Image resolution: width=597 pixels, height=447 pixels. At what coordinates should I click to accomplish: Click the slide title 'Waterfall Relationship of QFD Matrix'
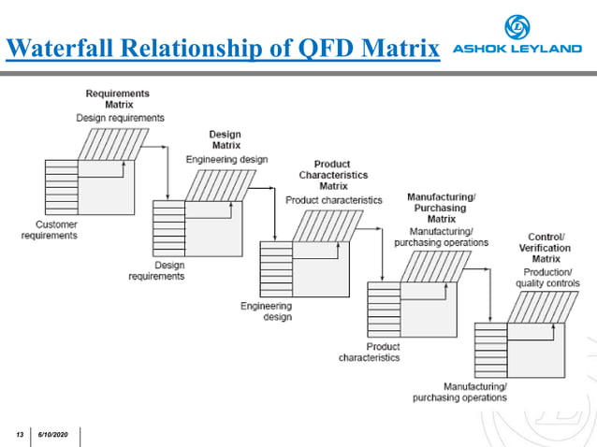pos(223,48)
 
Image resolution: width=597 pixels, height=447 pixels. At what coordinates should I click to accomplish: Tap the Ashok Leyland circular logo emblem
pos(517,26)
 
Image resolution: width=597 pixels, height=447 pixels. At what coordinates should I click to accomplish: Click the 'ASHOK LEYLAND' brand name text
pos(517,50)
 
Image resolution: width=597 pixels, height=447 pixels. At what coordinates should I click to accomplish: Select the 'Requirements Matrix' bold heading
pos(117,99)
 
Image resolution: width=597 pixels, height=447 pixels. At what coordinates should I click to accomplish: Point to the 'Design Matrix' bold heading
pos(225,140)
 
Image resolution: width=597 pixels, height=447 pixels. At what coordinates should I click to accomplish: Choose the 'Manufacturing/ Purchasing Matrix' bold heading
pos(441,208)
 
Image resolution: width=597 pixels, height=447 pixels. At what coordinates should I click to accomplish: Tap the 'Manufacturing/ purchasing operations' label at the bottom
pos(462,392)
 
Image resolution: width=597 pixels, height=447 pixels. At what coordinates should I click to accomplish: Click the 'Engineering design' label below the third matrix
pos(266,311)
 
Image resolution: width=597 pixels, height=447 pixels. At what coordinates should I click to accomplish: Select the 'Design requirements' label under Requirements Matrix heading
pos(121,118)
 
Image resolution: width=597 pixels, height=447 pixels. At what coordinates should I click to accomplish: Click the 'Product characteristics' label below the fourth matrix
pos(370,352)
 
